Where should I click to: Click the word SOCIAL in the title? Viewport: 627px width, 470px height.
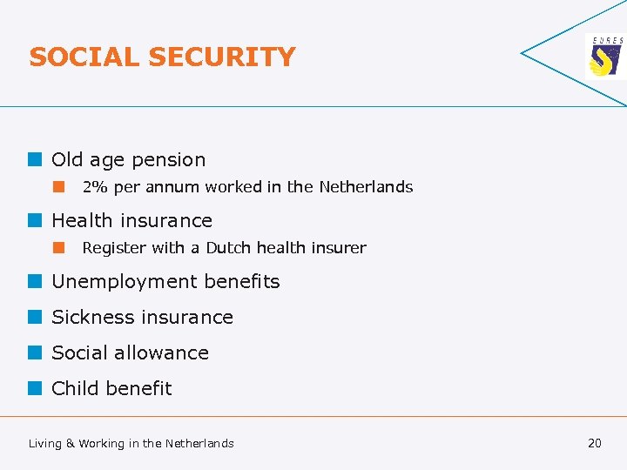tap(84, 57)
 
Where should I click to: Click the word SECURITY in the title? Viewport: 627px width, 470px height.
tap(222, 57)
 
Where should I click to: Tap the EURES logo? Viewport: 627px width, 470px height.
tap(606, 57)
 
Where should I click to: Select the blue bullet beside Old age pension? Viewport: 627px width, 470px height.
tap(34, 160)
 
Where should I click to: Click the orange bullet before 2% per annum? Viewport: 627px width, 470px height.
tap(58, 186)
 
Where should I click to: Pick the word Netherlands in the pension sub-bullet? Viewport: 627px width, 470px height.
tap(366, 187)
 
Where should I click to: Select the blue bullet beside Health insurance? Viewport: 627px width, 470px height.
tap(34, 221)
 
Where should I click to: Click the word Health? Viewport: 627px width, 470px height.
tap(82, 221)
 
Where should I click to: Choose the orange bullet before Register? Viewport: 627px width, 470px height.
tap(58, 247)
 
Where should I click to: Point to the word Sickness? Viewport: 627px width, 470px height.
tap(89, 318)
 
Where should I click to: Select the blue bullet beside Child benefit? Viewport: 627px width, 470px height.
tap(34, 388)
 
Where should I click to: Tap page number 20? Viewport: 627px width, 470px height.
tap(595, 443)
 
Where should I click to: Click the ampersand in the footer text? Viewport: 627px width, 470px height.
tap(71, 444)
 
